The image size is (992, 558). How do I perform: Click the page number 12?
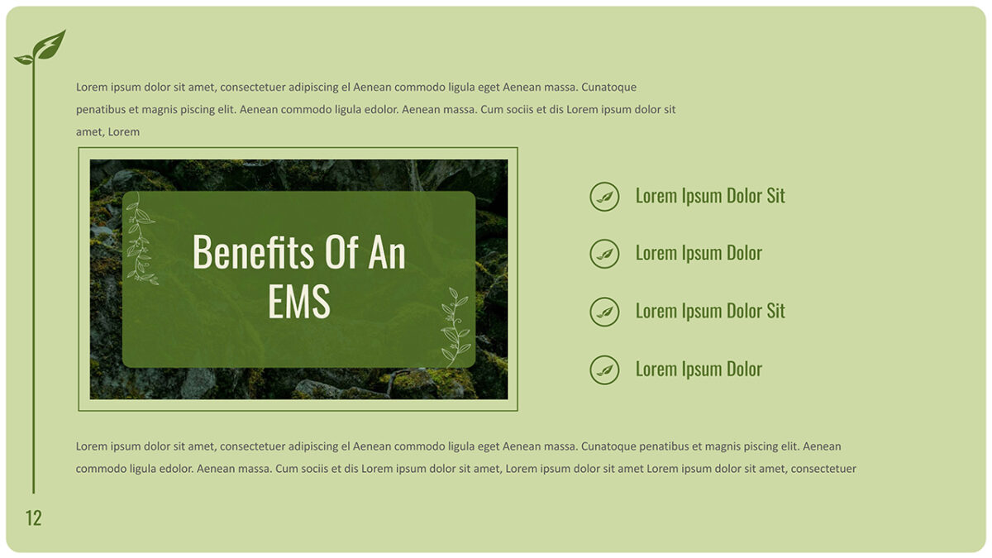[33, 518]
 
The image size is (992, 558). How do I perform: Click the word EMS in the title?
[298, 301]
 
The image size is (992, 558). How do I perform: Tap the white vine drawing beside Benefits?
[141, 238]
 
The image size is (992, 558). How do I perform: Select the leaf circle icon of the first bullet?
[604, 197]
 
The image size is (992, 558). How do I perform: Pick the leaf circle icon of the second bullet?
[604, 254]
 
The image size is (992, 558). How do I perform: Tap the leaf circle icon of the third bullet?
[604, 312]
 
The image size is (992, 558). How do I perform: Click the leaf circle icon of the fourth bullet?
[604, 370]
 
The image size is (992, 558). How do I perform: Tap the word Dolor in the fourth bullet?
[743, 369]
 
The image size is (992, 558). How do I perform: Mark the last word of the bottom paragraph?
[823, 469]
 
